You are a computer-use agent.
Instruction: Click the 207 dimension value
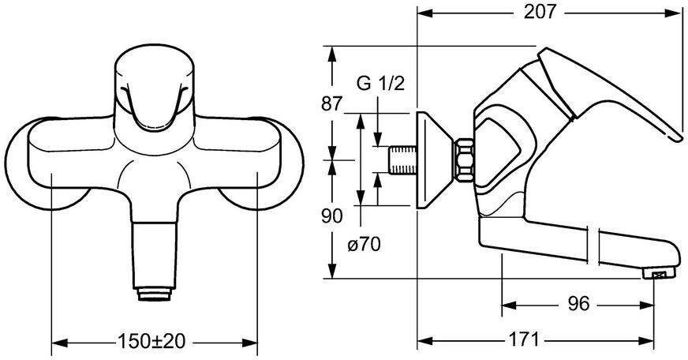pos(540,12)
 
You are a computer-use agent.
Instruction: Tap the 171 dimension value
pos(522,340)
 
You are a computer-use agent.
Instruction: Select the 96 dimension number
pos(578,304)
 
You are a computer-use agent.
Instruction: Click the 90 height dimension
pos(331,216)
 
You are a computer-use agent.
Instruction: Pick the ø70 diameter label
pos(364,244)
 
